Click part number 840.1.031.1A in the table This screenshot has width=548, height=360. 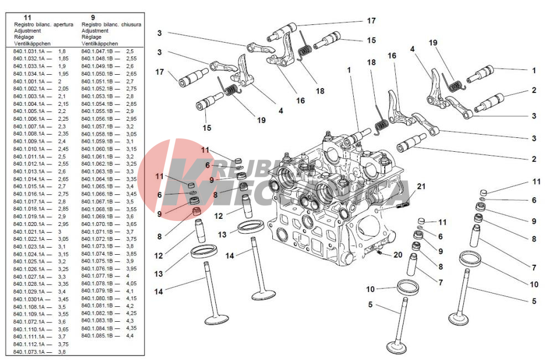tap(29, 51)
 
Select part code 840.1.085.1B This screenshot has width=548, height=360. tap(97, 336)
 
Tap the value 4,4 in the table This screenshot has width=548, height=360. tap(130, 336)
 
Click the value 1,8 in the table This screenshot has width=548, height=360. tap(62, 51)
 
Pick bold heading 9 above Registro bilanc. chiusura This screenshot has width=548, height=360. tap(92, 18)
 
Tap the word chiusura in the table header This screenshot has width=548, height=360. tap(130, 25)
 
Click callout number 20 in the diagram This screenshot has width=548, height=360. tap(397, 255)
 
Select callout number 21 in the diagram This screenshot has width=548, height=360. tap(421, 186)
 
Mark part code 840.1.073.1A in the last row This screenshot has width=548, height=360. tap(29, 352)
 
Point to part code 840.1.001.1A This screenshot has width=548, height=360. tap(29, 81)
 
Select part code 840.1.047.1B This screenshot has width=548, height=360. tap(97, 51)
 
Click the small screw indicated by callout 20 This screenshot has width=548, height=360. tap(381, 254)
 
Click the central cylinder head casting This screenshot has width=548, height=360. tap(327, 210)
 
